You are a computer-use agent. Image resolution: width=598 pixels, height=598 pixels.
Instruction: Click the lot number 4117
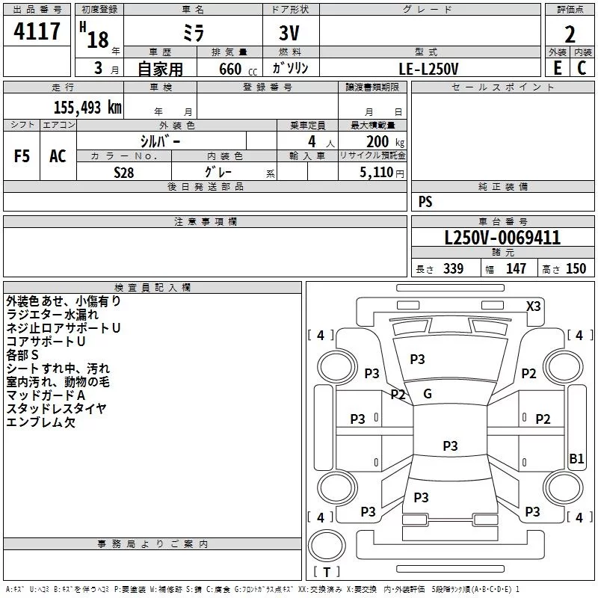pos(37,31)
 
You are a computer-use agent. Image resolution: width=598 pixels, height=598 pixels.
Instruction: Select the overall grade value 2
pos(570,34)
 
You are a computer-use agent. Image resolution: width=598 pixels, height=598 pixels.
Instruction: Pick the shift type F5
pos(22,155)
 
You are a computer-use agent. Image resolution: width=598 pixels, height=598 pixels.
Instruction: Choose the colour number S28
pos(125,172)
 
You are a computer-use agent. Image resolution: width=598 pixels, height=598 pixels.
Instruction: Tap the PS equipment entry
pos(425,202)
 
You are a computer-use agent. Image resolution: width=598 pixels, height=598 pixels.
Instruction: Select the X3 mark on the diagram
pos(534,306)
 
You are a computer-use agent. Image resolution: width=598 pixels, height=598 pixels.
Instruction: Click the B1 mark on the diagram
pos(576,459)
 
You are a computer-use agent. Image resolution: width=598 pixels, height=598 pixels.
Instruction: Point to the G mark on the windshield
pos(428,394)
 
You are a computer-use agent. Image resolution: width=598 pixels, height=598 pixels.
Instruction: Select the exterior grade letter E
pos(557,68)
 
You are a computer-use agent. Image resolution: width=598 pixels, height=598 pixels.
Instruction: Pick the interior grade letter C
pos(582,68)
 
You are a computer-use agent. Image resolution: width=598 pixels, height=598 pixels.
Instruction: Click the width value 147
pos(516,268)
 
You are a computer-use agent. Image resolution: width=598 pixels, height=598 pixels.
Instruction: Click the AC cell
pos(58,155)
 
